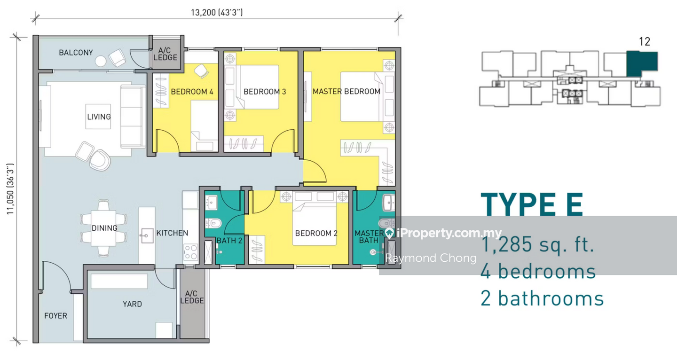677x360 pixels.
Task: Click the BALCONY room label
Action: [76, 53]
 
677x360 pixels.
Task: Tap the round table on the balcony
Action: [101, 61]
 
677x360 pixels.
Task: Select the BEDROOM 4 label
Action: [192, 92]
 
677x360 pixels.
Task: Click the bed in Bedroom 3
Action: [260, 87]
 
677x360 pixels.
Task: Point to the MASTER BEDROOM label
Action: [346, 91]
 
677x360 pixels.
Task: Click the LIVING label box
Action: [98, 117]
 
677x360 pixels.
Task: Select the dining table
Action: [103, 228]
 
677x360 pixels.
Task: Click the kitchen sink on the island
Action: [147, 235]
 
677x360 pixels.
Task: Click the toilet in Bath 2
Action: [213, 224]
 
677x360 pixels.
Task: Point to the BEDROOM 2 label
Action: [316, 233]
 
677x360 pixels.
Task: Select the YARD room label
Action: [133, 304]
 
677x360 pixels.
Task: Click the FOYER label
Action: [55, 316]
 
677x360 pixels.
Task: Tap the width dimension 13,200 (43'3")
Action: [217, 12]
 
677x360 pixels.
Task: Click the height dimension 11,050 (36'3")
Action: [10, 189]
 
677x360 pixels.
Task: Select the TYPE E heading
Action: [532, 204]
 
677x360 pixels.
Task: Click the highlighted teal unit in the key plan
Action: [641, 64]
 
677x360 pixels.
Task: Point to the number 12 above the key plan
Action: [645, 41]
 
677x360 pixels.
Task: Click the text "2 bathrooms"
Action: [542, 298]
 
